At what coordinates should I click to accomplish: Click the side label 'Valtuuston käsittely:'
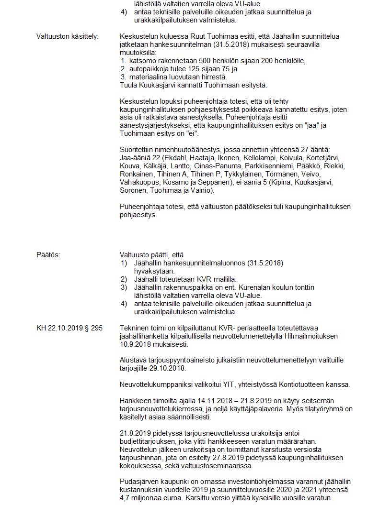pos(67,37)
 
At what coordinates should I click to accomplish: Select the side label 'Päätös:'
pos(48,255)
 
